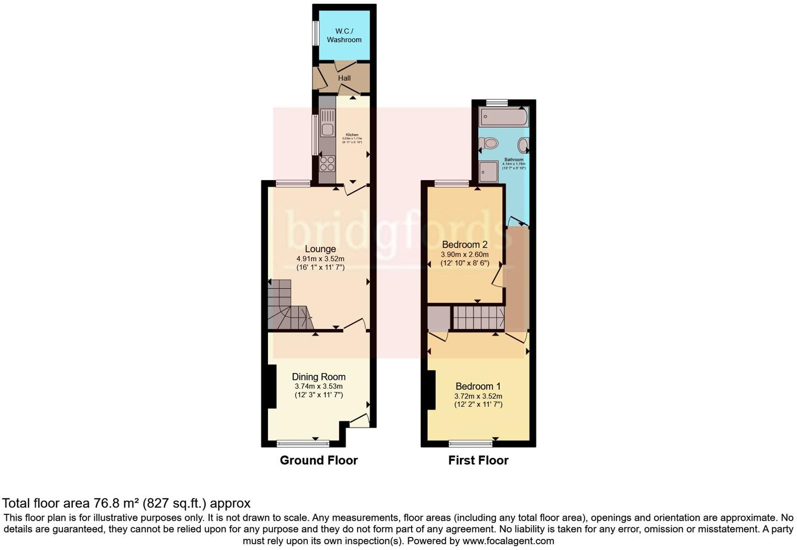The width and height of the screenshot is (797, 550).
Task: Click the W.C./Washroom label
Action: tap(344, 35)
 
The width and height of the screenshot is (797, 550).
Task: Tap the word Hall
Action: tap(344, 78)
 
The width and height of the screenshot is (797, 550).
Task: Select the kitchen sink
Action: tap(328, 123)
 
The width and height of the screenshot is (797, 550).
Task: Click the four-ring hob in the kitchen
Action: tap(328, 164)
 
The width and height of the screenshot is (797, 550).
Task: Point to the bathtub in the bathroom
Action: tap(504, 117)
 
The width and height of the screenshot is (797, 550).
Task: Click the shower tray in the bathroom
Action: tap(488, 172)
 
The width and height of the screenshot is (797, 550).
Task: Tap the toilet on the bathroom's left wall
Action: tap(489, 143)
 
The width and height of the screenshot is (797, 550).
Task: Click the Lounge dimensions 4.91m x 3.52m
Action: tap(320, 259)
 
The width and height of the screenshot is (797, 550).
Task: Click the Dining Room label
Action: tap(319, 376)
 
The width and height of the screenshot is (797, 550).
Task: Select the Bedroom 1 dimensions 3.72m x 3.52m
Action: tap(478, 396)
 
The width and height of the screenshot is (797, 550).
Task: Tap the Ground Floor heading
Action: tap(319, 460)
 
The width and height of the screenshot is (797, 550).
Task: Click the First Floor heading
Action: tap(478, 460)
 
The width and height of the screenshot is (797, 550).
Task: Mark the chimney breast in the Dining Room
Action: tap(272, 386)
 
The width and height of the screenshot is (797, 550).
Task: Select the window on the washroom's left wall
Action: tap(316, 34)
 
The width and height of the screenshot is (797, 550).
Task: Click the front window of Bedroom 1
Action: tap(470, 443)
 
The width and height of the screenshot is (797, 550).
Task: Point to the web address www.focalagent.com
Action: tap(508, 541)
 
